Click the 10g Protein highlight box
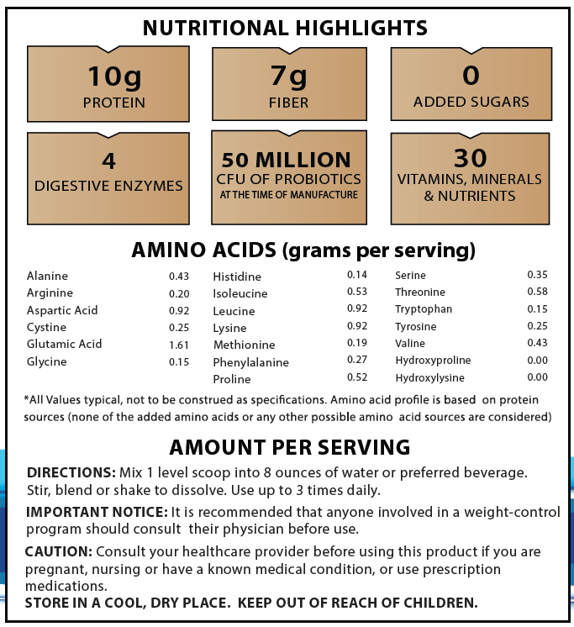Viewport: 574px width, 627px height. (108, 84)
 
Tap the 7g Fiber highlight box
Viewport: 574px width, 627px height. (289, 84)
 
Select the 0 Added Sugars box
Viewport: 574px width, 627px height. (471, 84)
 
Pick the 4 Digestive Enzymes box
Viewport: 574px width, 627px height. (108, 172)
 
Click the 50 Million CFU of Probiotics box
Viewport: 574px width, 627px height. (289, 176)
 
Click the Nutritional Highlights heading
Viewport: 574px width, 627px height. (285, 28)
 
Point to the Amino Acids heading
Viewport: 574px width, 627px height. (303, 250)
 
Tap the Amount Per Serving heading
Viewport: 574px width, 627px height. (290, 446)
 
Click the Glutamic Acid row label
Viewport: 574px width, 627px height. (64, 344)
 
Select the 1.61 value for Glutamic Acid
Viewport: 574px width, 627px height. (179, 345)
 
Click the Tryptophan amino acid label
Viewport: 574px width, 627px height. (424, 309)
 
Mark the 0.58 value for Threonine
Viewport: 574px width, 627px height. (537, 292)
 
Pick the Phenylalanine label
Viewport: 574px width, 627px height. (251, 362)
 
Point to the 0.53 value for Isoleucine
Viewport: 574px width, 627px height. (357, 292)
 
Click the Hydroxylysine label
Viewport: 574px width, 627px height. (429, 378)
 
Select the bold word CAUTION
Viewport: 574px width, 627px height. (59, 551)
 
